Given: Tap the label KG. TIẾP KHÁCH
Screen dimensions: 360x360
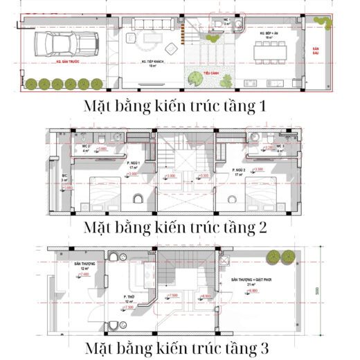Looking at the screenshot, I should [x=152, y=62].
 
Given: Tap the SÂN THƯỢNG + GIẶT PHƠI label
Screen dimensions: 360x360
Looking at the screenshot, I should [x=251, y=280].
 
